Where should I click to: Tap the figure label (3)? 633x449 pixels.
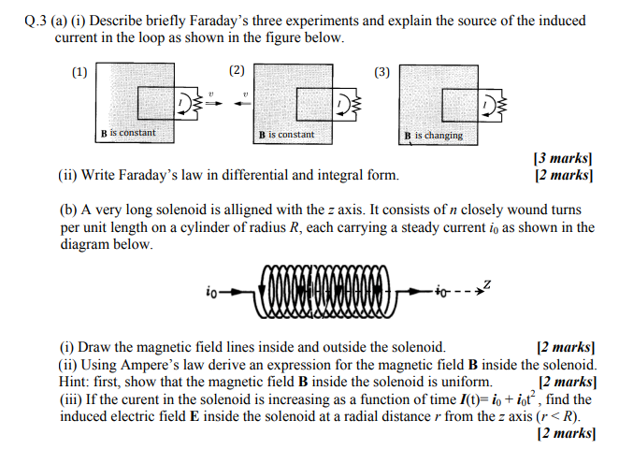coord(381,71)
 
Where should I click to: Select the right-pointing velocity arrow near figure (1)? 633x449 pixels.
coord(211,99)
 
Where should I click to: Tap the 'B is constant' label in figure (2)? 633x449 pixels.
coord(286,135)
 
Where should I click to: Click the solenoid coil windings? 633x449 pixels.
coord(324,292)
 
